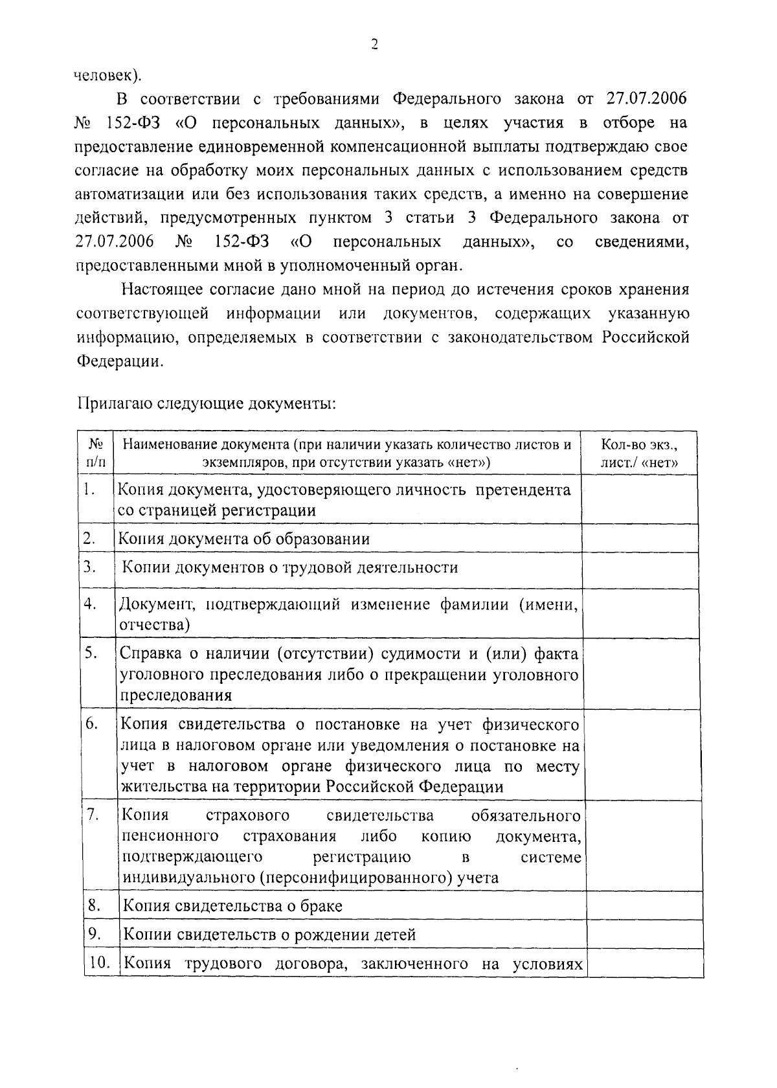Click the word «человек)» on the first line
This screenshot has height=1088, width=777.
[107, 75]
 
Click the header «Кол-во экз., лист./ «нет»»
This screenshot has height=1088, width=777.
[639, 453]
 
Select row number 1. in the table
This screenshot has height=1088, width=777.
[91, 490]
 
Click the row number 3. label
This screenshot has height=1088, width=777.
[90, 567]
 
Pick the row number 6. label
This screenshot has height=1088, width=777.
[91, 724]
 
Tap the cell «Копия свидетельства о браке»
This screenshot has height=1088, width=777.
[232, 905]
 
